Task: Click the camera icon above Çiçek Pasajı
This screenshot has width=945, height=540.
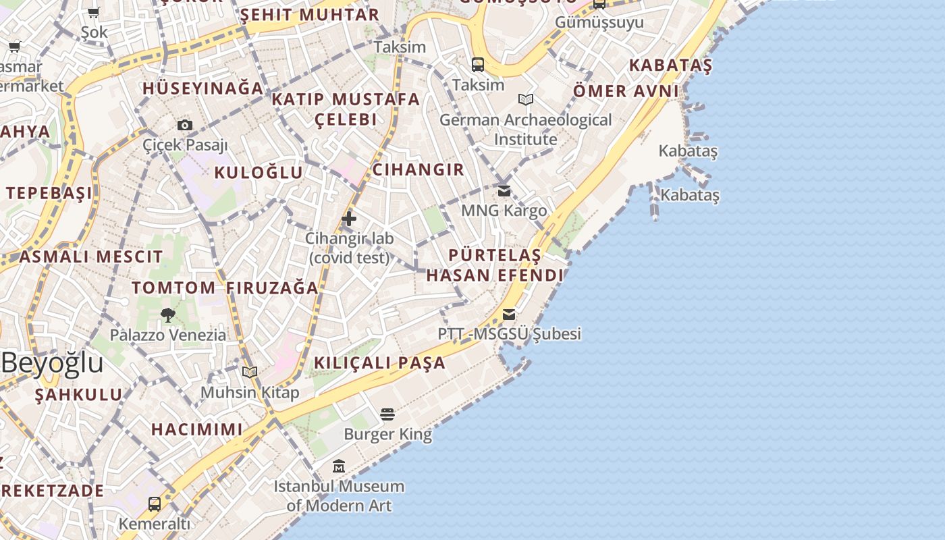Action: coord(185,125)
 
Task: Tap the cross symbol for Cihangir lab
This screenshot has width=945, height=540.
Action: coord(349,218)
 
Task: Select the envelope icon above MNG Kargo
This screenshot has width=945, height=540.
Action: coord(504,191)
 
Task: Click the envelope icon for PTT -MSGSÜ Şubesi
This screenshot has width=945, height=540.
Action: coord(509,315)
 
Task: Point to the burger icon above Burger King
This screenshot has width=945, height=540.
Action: coord(387,414)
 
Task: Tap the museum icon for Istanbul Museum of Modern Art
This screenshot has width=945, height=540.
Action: coord(339,466)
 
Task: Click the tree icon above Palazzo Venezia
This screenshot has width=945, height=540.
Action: coord(168,315)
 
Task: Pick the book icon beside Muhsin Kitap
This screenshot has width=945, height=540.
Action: coord(250,372)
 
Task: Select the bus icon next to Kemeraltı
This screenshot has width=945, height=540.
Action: coord(155,504)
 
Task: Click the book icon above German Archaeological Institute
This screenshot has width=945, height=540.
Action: coord(526,100)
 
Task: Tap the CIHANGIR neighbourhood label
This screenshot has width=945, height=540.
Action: coord(418,169)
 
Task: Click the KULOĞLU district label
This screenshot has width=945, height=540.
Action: coord(259,173)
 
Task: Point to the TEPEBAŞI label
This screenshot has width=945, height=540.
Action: coord(49,193)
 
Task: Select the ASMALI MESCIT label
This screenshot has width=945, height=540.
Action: coord(91,256)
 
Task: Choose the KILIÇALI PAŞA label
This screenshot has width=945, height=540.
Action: coord(380,362)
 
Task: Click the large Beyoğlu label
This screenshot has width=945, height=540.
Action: coord(52,362)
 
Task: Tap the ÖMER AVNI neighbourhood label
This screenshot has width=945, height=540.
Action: coord(626,91)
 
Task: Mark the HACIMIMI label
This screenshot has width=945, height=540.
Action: coord(197,429)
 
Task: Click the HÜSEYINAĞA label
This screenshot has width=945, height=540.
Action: coord(202,88)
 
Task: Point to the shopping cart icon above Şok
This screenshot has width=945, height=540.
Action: coord(94,12)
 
